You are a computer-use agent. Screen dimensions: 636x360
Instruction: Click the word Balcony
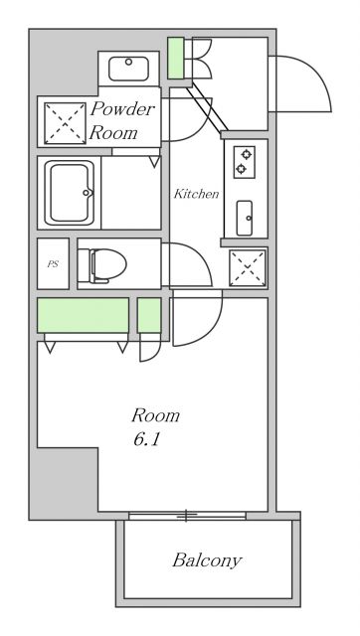(207, 561)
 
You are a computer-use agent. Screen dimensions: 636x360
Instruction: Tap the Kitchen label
(196, 194)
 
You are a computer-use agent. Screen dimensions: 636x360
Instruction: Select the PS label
(52, 264)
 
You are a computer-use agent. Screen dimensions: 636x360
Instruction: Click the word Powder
(123, 109)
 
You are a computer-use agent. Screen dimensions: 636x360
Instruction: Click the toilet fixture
(104, 264)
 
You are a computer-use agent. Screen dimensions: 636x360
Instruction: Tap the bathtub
(68, 192)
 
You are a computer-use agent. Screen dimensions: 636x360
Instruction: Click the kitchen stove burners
(242, 162)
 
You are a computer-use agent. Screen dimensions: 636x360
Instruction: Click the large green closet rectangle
(83, 316)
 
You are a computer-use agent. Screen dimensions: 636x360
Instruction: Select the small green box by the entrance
(176, 59)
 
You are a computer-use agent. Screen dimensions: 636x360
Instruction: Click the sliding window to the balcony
(186, 516)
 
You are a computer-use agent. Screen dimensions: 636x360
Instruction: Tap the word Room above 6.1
(156, 414)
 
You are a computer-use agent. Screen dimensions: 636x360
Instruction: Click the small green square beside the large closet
(149, 316)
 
